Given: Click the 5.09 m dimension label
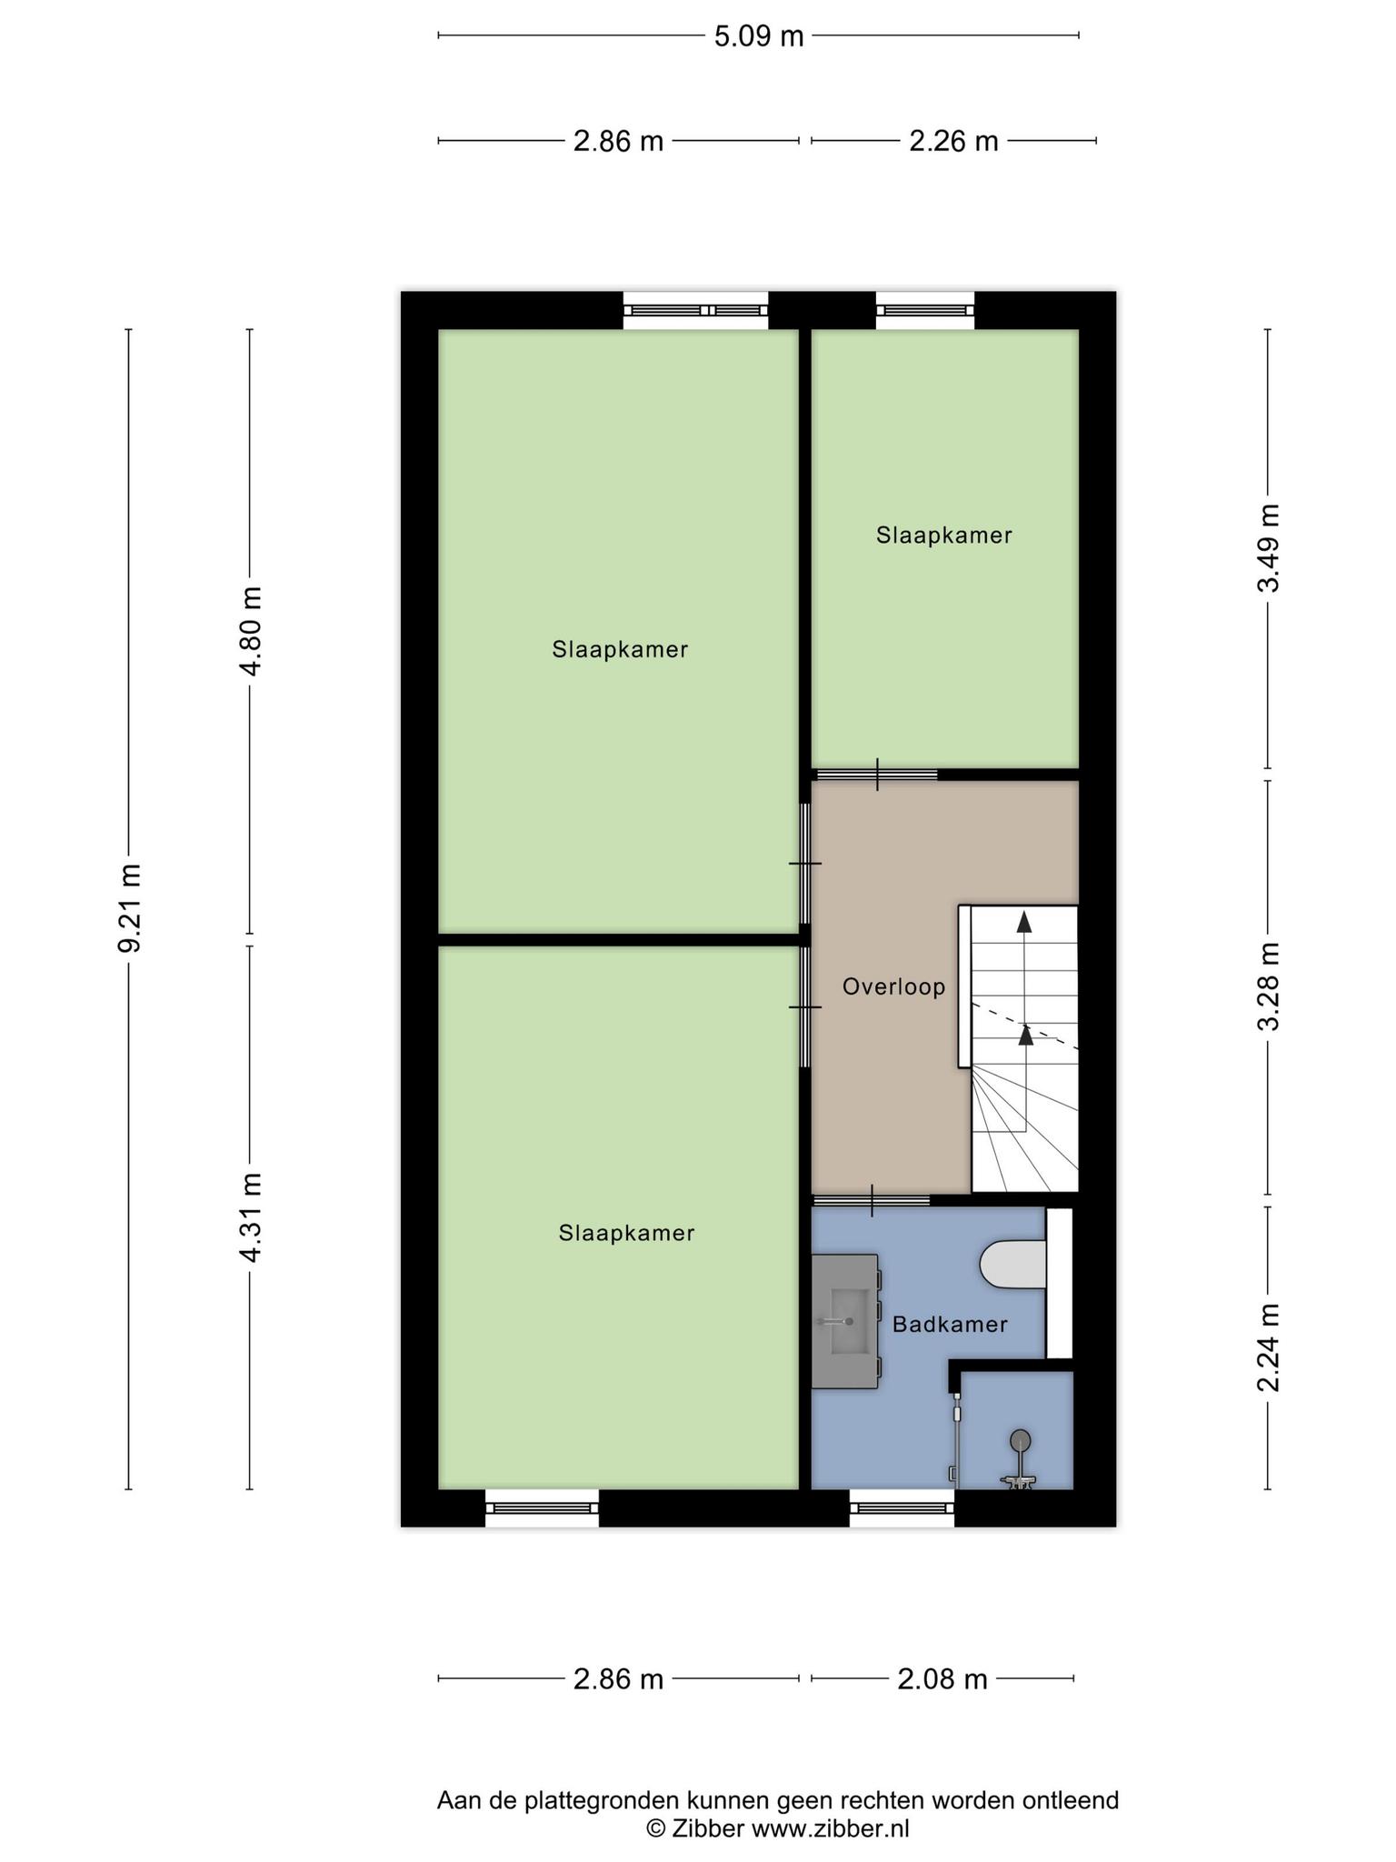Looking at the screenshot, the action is (x=759, y=36).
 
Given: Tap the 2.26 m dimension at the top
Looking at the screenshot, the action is (x=953, y=141).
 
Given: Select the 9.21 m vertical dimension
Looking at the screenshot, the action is (x=129, y=908).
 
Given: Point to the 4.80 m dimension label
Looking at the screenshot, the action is (x=250, y=631).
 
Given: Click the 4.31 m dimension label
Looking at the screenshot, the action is (x=250, y=1217).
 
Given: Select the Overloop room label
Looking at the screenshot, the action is (x=893, y=986).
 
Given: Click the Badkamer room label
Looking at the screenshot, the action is (x=950, y=1325).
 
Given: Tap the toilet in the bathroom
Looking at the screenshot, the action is (x=1013, y=1265).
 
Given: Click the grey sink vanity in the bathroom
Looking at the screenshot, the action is (x=846, y=1321).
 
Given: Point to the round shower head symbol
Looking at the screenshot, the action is (x=1021, y=1439).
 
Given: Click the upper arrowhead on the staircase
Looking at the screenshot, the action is (x=1024, y=921).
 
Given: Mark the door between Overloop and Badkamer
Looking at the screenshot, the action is (x=871, y=1200).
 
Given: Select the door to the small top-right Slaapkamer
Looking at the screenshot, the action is (x=876, y=775).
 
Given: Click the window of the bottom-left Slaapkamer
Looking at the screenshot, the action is (x=542, y=1507).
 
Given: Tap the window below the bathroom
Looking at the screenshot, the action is (x=902, y=1507).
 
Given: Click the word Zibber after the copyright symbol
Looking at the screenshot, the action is (x=709, y=1828).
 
